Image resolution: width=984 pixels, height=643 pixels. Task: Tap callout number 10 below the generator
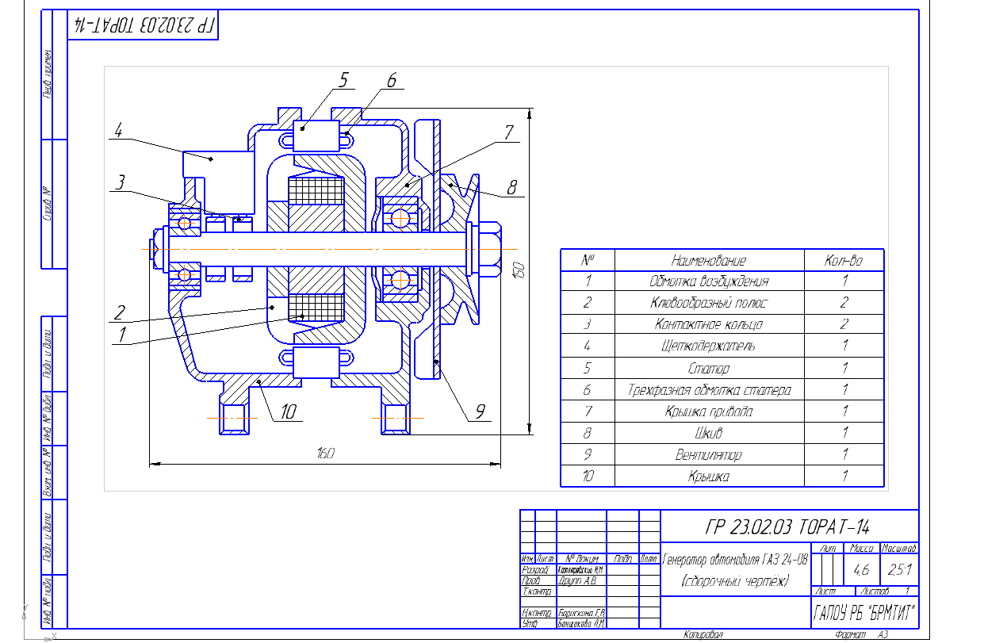(x=287, y=411)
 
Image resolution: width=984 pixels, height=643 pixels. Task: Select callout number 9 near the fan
(x=481, y=411)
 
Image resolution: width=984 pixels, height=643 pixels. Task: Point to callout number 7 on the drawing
(x=508, y=132)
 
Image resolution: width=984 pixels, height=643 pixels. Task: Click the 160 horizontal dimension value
(x=325, y=454)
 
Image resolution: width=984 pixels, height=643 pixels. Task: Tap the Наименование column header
(x=709, y=260)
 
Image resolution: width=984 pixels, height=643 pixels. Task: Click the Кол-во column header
(x=844, y=260)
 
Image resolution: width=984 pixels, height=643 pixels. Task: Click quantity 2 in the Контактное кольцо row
(x=844, y=324)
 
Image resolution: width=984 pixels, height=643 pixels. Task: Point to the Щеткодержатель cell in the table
(x=709, y=346)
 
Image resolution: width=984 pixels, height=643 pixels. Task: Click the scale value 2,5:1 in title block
(x=898, y=569)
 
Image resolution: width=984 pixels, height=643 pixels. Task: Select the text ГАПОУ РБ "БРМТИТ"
(x=864, y=613)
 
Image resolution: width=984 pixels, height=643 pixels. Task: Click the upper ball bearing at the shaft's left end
(x=185, y=223)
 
